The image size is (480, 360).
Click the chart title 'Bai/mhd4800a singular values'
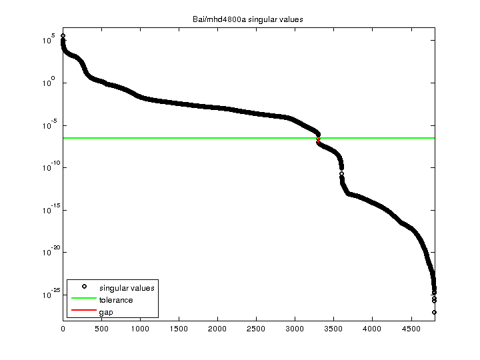click(x=243, y=19)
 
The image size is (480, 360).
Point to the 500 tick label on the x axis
click(x=101, y=328)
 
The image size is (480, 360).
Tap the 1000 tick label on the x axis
click(x=140, y=328)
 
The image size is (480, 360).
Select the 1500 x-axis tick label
click(x=179, y=328)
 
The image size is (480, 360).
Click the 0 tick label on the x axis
click(x=63, y=328)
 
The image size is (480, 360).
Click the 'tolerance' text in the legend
click(x=116, y=300)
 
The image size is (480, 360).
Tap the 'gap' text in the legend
click(x=106, y=312)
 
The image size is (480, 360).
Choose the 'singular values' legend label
click(x=127, y=288)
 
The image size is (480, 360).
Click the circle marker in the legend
click(x=84, y=287)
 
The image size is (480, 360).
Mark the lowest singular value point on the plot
click(x=434, y=312)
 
